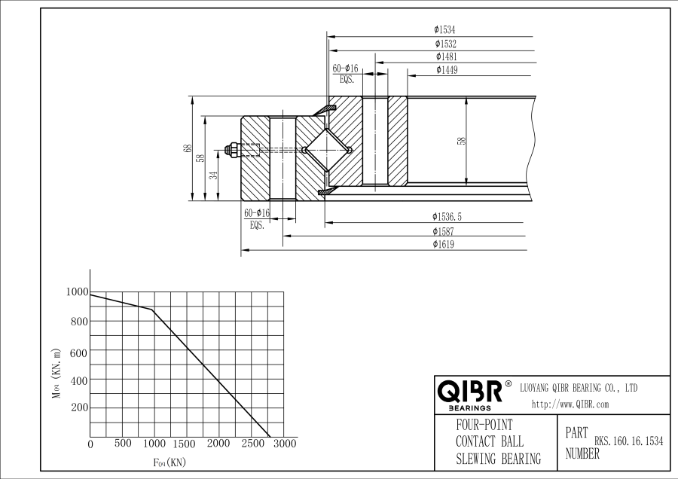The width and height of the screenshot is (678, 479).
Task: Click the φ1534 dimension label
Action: (445, 30)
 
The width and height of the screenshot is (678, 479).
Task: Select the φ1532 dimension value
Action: (445, 44)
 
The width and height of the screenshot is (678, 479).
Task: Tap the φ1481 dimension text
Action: (446, 56)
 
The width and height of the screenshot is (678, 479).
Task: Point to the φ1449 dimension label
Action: (446, 70)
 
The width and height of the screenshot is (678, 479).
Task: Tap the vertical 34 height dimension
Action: (213, 175)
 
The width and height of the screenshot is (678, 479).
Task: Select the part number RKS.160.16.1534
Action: (628, 442)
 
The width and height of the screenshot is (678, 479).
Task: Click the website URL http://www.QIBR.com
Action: (570, 404)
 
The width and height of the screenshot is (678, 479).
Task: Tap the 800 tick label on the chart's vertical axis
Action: (78, 322)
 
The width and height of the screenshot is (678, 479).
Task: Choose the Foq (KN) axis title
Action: (169, 462)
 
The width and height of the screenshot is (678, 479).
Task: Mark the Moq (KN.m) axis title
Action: (56, 374)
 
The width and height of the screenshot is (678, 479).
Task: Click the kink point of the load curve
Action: (153, 310)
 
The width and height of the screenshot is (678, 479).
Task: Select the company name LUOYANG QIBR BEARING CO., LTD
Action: (579, 388)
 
